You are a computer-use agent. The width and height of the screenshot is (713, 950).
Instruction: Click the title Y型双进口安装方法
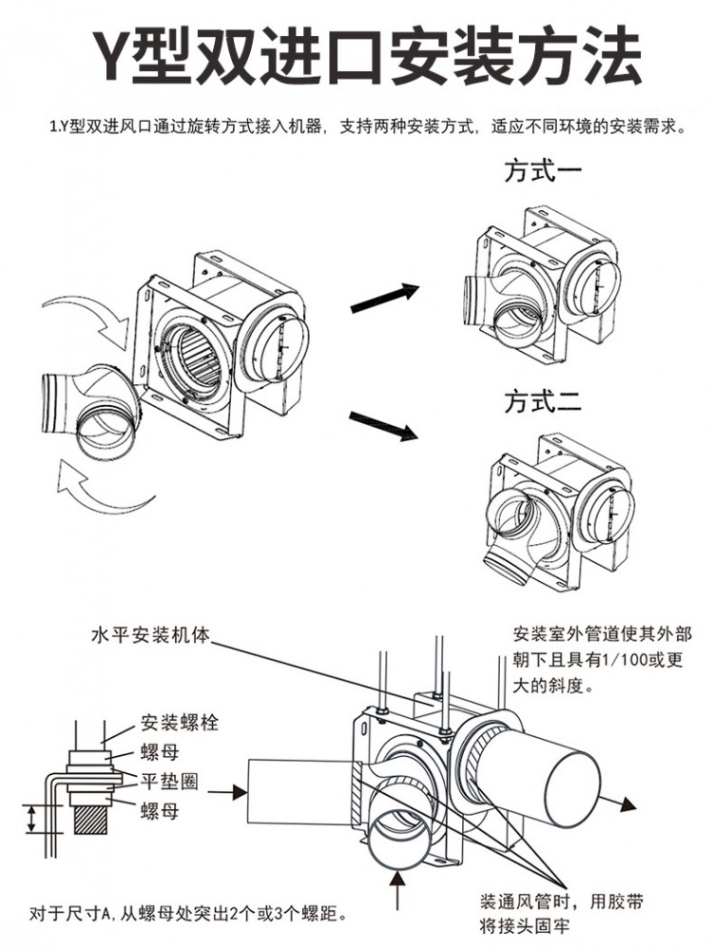[x=356, y=58]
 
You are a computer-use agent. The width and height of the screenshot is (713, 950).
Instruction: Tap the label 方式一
[x=542, y=173]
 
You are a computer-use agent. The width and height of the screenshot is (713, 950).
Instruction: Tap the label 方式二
[x=542, y=401]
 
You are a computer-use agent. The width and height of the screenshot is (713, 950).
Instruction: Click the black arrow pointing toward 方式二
[x=384, y=424]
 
